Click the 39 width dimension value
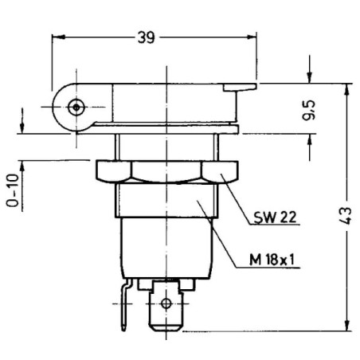146,37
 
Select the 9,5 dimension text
309,110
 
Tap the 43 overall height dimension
346,216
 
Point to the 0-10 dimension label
13,190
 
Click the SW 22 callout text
275,217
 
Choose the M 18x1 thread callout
272,260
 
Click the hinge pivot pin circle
76,108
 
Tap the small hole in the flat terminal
166,303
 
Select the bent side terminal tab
126,304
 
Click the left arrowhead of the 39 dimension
58,37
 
